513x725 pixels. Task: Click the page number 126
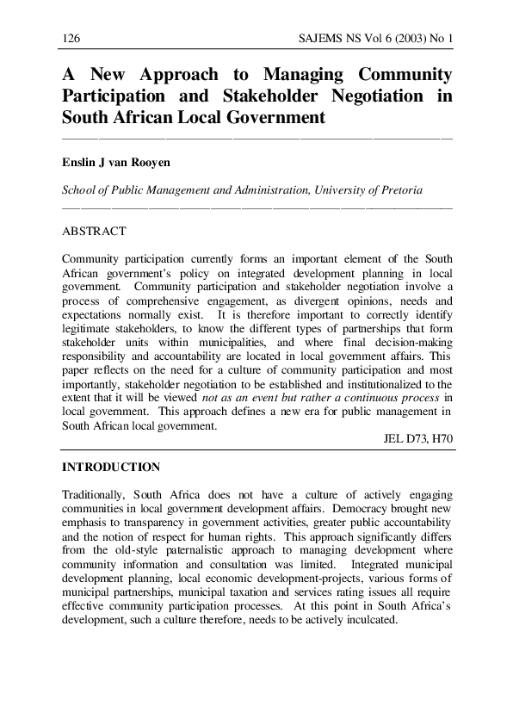(x=71, y=39)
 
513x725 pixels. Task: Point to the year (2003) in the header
(x=400, y=39)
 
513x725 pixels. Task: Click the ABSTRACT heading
(x=95, y=232)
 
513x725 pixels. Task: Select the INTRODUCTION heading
(x=111, y=468)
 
